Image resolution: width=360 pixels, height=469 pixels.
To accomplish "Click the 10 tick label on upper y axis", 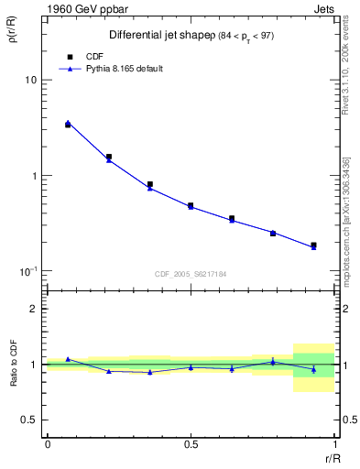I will (30, 81).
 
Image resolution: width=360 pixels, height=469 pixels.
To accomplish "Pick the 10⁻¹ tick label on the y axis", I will (28, 271).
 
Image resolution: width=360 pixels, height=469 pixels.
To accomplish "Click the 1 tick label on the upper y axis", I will (34, 176).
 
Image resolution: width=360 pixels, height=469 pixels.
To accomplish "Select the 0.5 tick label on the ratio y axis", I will (29, 420).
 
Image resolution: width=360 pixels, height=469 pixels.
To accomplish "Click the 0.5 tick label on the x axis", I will (191, 444).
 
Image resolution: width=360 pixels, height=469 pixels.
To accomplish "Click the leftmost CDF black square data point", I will (68, 125).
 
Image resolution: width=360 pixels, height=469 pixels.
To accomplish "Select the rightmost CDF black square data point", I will (313, 245).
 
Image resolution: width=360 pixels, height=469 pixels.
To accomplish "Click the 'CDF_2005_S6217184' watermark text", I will (191, 274).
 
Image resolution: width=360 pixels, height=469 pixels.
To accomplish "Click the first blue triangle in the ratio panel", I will (68, 359).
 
